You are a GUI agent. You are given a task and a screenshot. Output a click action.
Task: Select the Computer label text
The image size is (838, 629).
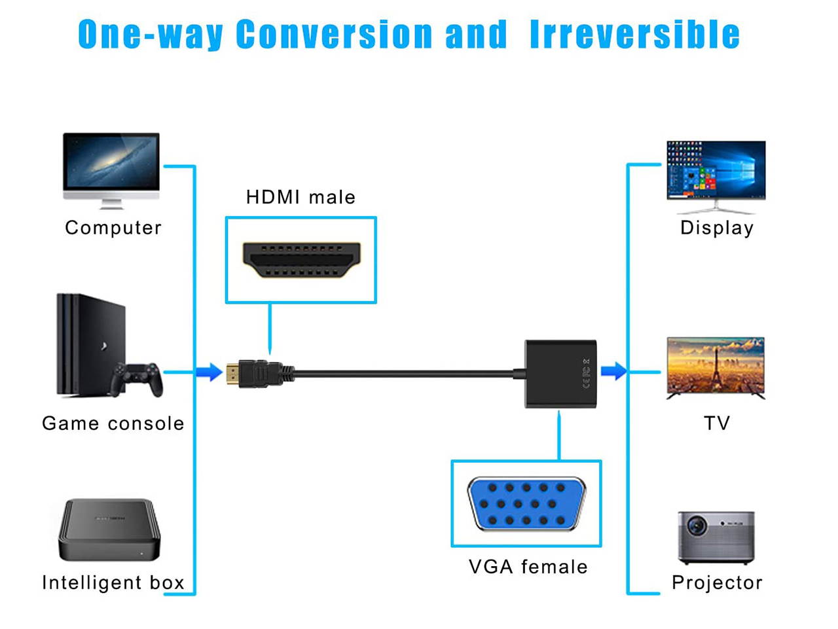[x=113, y=228]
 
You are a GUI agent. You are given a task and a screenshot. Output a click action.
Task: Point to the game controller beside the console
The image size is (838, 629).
[x=137, y=378]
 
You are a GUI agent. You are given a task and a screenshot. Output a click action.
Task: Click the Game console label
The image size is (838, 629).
[x=113, y=423]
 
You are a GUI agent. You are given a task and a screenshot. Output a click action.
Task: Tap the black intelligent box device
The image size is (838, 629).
[x=109, y=530]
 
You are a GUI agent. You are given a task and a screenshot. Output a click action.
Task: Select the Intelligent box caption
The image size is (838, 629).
[x=113, y=583]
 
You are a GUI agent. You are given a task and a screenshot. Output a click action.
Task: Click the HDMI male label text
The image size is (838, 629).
[x=301, y=197]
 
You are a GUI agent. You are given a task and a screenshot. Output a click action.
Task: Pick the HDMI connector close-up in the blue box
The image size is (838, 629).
[x=301, y=260]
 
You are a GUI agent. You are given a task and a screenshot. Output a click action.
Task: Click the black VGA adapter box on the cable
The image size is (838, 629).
[x=560, y=374]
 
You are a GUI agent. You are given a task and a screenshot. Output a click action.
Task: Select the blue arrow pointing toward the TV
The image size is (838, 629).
[x=613, y=372]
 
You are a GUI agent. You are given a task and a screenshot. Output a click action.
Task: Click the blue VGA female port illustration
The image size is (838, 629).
[x=526, y=503]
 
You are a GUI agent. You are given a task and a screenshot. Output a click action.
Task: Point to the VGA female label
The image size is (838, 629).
[x=528, y=567]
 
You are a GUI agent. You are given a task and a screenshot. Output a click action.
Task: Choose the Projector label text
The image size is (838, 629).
[x=717, y=583]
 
